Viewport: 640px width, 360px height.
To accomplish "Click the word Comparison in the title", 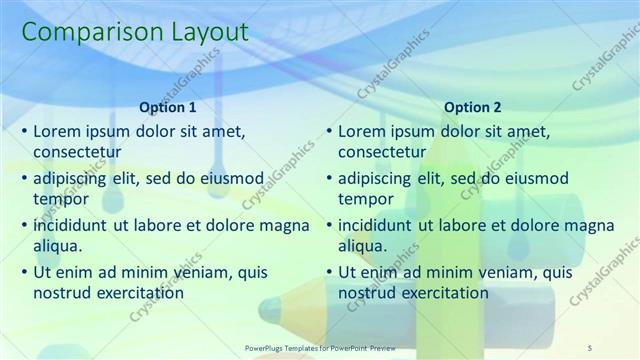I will click(x=82, y=33).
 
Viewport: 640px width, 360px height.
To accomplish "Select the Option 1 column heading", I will click(x=168, y=107).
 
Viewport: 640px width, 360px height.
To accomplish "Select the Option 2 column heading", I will click(x=473, y=107).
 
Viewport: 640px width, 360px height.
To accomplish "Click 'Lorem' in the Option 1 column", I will click(x=57, y=131).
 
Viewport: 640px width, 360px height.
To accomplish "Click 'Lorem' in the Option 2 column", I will click(x=362, y=131).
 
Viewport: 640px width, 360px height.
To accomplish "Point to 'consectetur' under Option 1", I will click(x=78, y=152).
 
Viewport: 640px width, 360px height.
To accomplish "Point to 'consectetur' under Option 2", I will click(x=383, y=152).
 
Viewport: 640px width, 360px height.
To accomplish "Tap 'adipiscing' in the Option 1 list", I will click(x=72, y=179).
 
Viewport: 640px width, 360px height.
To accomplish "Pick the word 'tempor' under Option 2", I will click(x=366, y=199).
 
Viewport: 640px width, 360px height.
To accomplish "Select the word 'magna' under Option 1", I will click(x=285, y=225).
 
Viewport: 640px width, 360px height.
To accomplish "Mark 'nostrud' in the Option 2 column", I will click(x=366, y=293).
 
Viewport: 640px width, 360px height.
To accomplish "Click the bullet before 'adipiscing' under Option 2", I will click(x=328, y=179).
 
